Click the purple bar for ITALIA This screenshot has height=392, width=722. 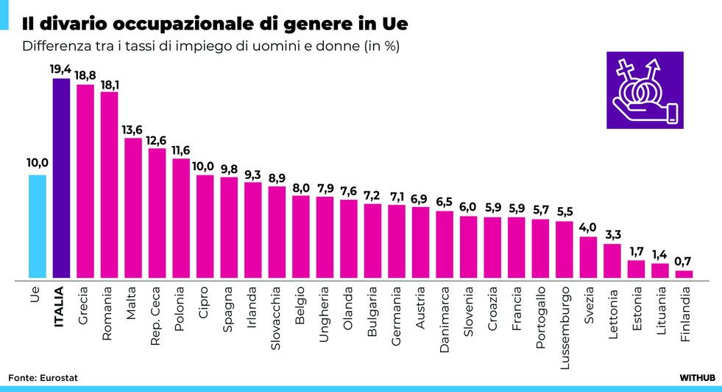[x=61, y=179]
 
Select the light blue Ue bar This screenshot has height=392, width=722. [x=38, y=227]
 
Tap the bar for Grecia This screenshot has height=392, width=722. [x=85, y=182]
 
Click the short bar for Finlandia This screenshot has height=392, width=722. [x=684, y=275]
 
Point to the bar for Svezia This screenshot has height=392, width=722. [x=588, y=258]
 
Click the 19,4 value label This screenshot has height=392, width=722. [x=61, y=69]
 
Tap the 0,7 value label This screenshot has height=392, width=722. [x=684, y=262]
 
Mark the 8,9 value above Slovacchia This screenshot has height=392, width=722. [x=277, y=178]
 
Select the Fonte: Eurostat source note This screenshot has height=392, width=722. [x=43, y=377]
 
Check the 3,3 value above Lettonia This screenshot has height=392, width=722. [x=612, y=235]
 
